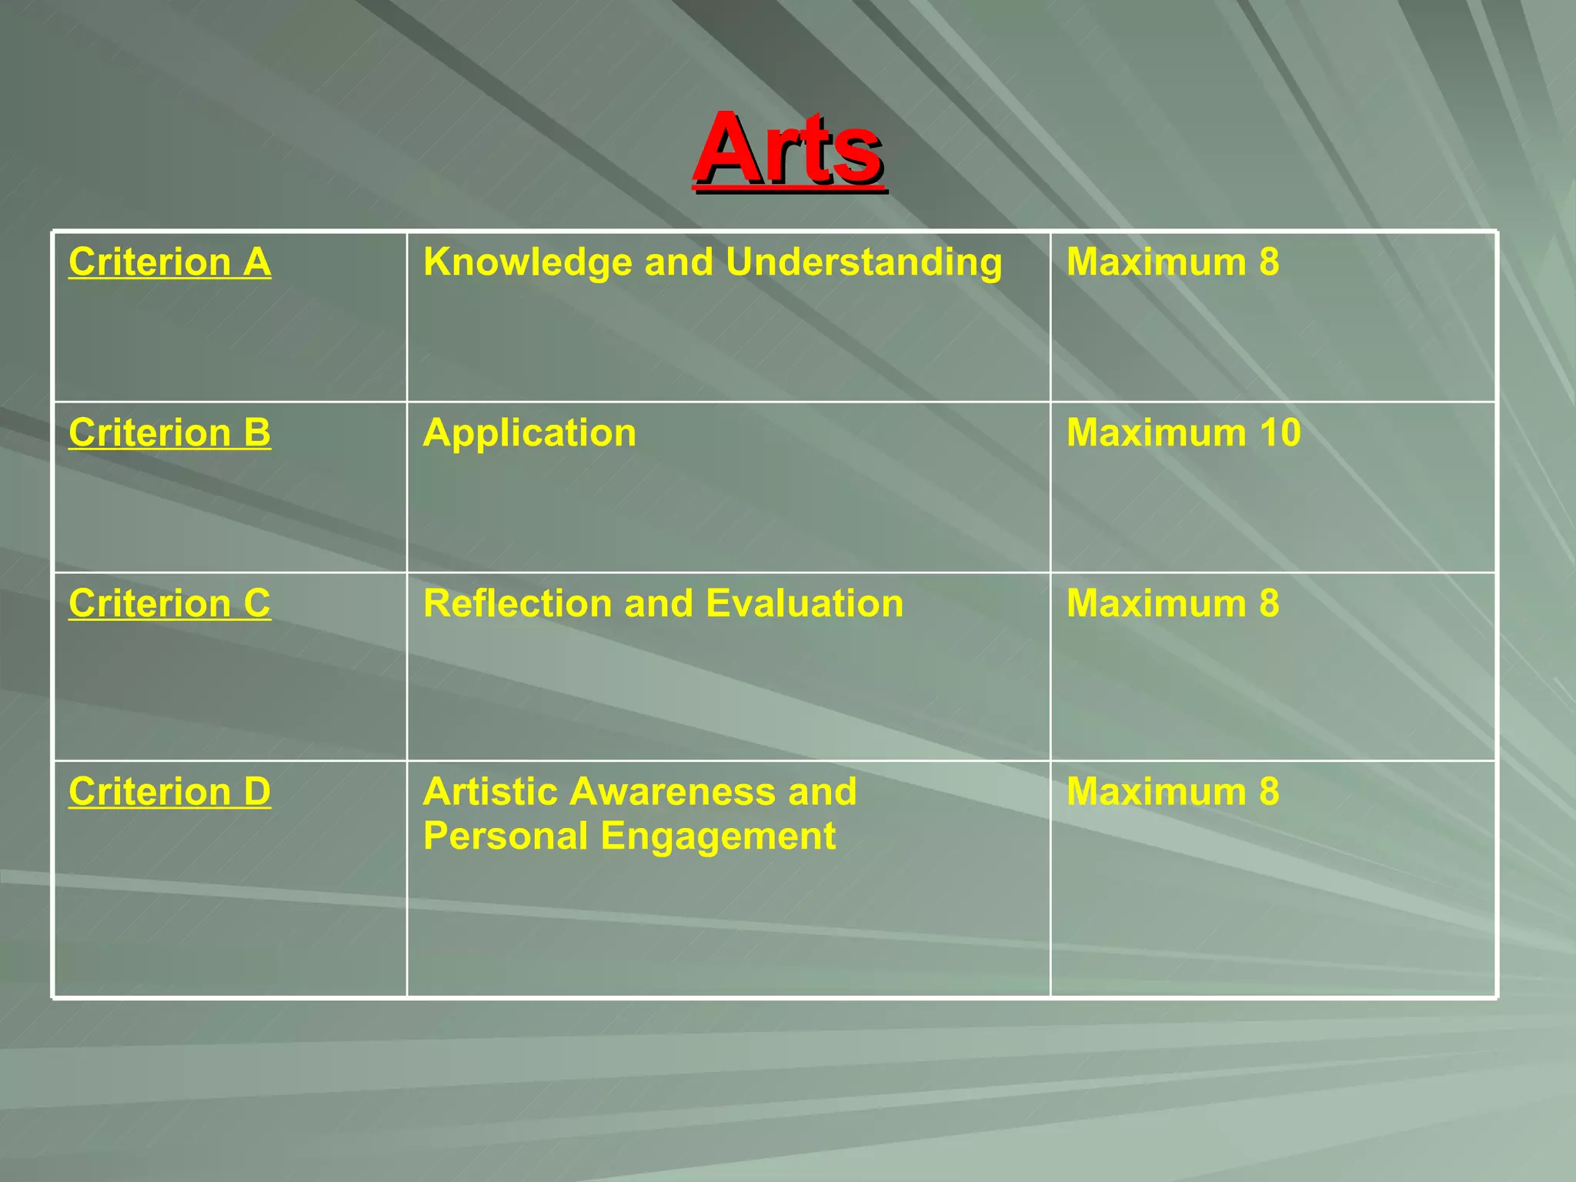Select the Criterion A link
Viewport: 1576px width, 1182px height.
coord(169,262)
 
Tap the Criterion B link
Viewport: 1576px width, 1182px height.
coord(169,432)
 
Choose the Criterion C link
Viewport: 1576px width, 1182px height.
coord(169,603)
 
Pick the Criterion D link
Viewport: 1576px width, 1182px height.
coord(169,792)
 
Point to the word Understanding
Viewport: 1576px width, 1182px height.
coord(863,262)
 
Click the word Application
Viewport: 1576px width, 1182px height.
coord(529,433)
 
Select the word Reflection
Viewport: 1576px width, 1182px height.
coord(518,603)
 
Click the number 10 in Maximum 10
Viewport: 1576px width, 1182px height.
coord(1280,432)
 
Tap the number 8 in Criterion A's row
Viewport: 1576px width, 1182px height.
coord(1269,262)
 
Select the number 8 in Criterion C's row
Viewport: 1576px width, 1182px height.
coord(1269,603)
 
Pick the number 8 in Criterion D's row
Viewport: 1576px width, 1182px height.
coord(1269,792)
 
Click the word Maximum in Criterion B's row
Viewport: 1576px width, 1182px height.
coord(1156,432)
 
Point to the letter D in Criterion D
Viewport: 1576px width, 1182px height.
coord(257,792)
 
